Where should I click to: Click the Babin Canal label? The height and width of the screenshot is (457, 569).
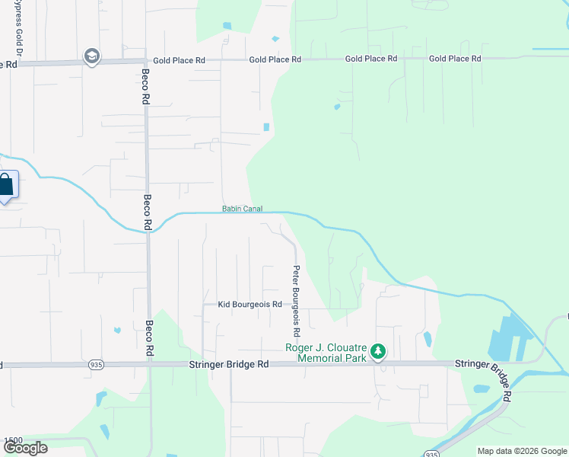tap(242, 209)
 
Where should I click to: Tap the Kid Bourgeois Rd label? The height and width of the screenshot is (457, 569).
tap(250, 305)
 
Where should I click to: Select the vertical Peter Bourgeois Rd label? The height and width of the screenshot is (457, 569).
tap(297, 301)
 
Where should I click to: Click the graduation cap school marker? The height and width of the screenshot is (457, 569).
tap(92, 56)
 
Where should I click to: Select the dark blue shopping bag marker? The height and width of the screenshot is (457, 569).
tap(5, 185)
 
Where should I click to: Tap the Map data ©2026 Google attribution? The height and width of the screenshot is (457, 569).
tap(523, 451)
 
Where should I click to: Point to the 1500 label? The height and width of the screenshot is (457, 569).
tap(13, 441)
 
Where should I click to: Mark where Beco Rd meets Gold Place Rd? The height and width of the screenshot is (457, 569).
tap(146, 59)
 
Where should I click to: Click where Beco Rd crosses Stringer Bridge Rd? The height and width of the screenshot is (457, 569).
tap(149, 365)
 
